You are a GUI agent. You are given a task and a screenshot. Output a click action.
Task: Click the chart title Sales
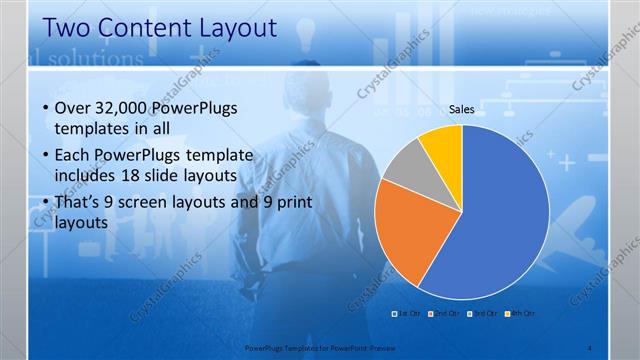coord(461,110)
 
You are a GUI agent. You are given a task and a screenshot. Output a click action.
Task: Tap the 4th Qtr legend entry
coord(519,314)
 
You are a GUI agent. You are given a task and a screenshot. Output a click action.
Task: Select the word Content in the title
coord(147,27)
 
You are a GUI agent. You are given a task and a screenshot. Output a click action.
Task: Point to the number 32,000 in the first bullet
coord(119,108)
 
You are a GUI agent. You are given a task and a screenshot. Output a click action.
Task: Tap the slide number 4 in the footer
coord(590,346)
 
